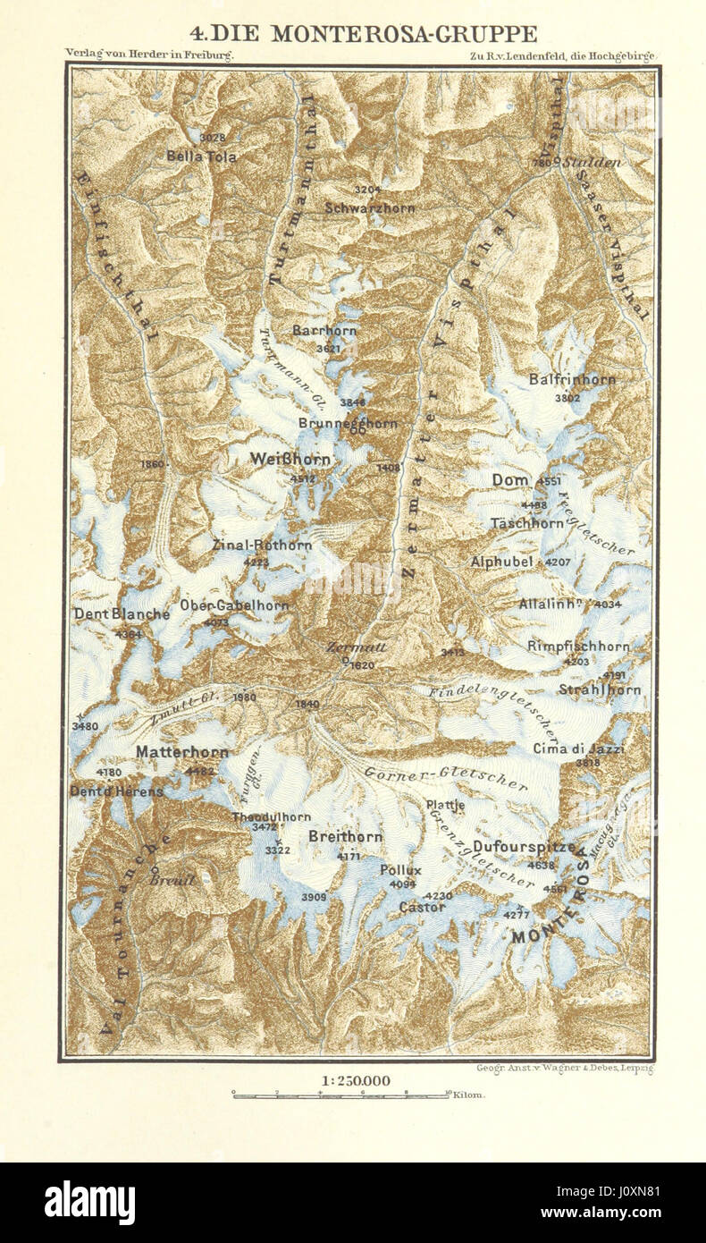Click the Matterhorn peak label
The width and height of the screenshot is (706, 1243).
(x=181, y=753)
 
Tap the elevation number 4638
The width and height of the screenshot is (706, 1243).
(x=542, y=865)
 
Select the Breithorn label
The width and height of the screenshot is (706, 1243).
(x=345, y=837)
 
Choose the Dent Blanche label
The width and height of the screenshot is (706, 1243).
(x=122, y=614)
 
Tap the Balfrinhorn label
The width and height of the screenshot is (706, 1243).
(x=572, y=379)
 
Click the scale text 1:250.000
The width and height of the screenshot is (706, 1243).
(x=355, y=1080)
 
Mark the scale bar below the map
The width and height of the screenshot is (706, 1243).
(x=340, y=1094)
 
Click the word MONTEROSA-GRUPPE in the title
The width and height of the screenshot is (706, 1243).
(x=404, y=34)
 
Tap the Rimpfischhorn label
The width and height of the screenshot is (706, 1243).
(x=578, y=646)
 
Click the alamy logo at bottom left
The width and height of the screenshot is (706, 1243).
(x=89, y=1203)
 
